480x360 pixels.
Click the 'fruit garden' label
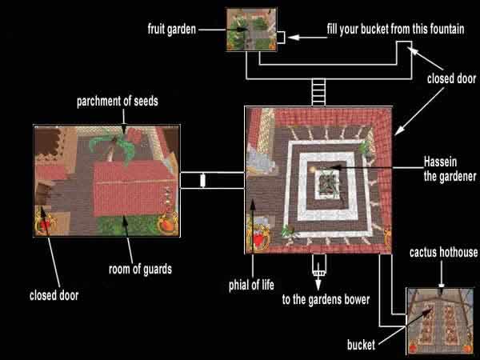pos(172,30)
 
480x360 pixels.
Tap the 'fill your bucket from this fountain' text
pos(395,30)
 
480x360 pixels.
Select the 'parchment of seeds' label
pos(118,102)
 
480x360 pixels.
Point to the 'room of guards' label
pos(140,270)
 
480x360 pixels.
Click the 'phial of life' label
pos(251,285)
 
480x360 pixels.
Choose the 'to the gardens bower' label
pos(326,299)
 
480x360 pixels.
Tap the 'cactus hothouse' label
pos(443,252)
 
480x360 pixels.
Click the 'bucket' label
pos(361,345)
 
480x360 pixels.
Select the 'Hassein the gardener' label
pos(450,169)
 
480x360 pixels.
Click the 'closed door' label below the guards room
pos(54,295)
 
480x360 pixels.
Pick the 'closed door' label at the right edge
pos(451,78)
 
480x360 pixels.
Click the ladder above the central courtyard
pos(318,93)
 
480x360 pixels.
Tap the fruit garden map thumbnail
pos(252,30)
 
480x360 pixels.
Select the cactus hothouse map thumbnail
pos(440,321)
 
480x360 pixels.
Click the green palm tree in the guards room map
pos(114,147)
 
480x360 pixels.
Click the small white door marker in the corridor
pos(202,180)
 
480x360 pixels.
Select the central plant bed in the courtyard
pos(328,184)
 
